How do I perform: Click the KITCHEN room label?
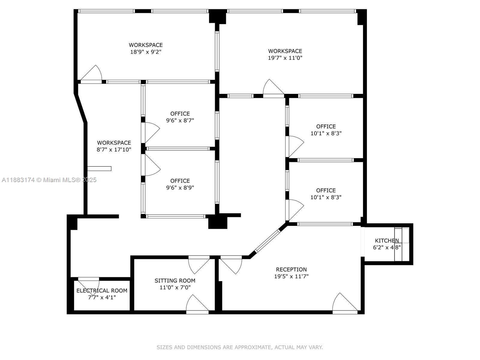pyautogui.click(x=387, y=241)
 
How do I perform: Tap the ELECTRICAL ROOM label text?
pyautogui.click(x=102, y=290)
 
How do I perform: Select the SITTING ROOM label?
pyautogui.click(x=175, y=280)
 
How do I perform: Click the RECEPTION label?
pyautogui.click(x=291, y=269)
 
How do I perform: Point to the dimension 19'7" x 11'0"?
pyautogui.click(x=285, y=58)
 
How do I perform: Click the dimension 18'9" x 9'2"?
pyautogui.click(x=146, y=52)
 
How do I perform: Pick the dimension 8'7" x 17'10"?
pyautogui.click(x=114, y=149)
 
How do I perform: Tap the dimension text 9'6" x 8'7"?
pyautogui.click(x=180, y=121)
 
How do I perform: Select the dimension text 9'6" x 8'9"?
pyautogui.click(x=180, y=188)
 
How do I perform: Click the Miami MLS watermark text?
pyautogui.click(x=49, y=180)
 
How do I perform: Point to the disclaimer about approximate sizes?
pyautogui.click(x=240, y=347)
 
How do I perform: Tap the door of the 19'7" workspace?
pyautogui.click(x=273, y=88)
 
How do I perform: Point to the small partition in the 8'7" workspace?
pyautogui.click(x=99, y=169)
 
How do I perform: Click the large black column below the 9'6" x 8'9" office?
pyautogui.click(x=217, y=222)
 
